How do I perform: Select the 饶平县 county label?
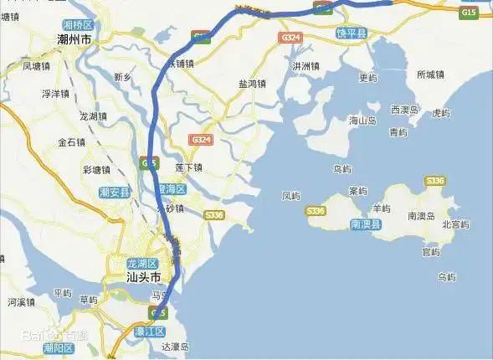click(352, 32)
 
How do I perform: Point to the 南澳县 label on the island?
click(366, 224)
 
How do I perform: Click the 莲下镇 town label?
click(189, 167)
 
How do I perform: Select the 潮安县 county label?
click(115, 193)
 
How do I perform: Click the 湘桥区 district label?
click(77, 26)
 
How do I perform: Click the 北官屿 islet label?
click(454, 224)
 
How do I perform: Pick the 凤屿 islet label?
click(291, 196)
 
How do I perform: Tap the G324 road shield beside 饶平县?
click(291, 38)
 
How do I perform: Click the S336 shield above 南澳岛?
click(435, 181)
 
